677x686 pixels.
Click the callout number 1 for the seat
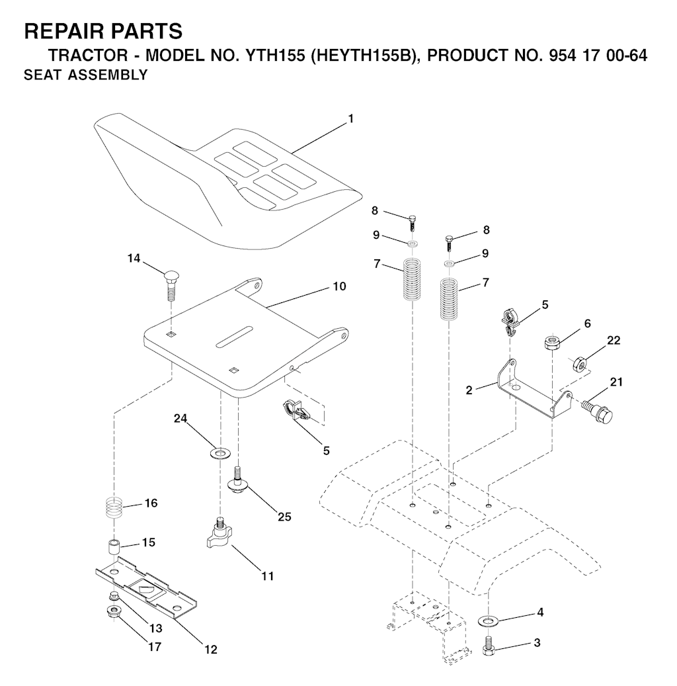(x=350, y=119)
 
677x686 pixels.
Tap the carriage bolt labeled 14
(x=171, y=286)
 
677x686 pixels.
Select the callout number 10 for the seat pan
(x=340, y=286)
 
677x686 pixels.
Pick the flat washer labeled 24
(x=220, y=453)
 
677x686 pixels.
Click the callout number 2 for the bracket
(x=469, y=390)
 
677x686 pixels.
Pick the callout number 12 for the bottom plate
(x=211, y=649)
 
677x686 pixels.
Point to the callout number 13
(x=155, y=628)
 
